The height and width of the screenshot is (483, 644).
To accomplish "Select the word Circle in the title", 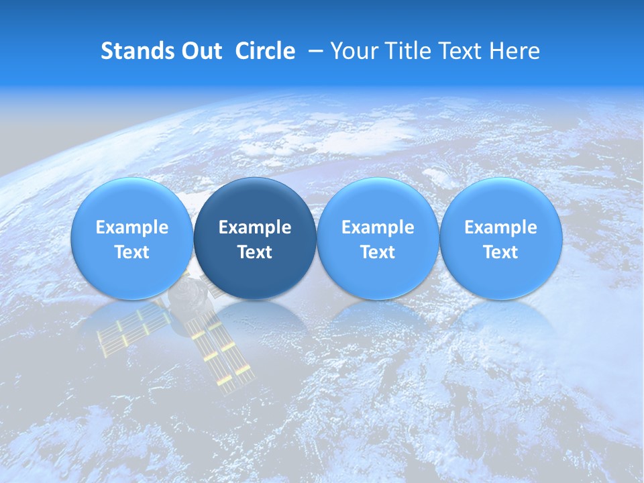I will [265, 51].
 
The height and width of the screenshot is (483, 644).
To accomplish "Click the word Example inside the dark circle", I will [255, 227].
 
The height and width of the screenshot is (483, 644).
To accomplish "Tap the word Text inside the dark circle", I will [255, 252].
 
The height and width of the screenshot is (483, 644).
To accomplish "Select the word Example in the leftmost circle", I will [131, 227].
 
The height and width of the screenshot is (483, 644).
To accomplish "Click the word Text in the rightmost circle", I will [500, 252].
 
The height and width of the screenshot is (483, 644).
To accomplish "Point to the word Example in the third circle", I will [378, 227].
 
